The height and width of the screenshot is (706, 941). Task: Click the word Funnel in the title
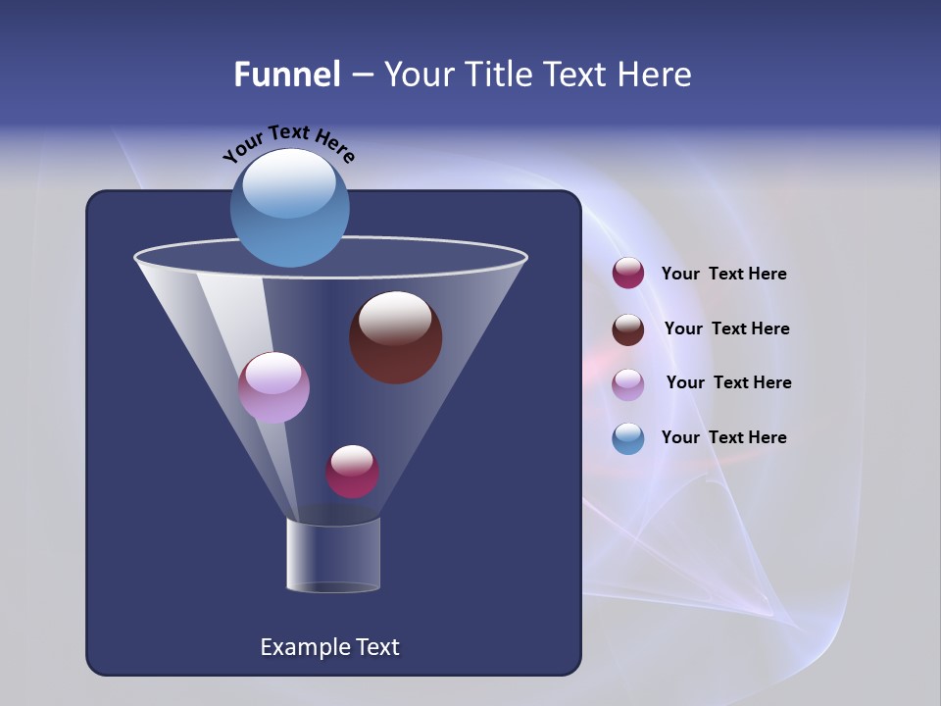(x=287, y=75)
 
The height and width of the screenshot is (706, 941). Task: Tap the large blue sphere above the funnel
(x=289, y=208)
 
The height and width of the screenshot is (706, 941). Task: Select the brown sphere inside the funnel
(x=395, y=338)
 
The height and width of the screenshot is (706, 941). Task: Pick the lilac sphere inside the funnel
(x=273, y=387)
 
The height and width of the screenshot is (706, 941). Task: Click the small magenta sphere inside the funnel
(x=352, y=472)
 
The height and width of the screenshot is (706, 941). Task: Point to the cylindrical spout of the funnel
(x=333, y=555)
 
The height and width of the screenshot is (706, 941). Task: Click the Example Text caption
(x=329, y=647)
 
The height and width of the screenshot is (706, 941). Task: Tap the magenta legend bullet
(x=628, y=274)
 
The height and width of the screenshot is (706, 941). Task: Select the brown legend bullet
(x=628, y=329)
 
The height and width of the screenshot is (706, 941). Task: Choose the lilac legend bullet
(x=628, y=384)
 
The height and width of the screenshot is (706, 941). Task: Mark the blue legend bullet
(x=628, y=438)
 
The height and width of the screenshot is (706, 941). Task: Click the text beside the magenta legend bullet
(x=723, y=275)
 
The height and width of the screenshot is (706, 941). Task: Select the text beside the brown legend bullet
(x=726, y=328)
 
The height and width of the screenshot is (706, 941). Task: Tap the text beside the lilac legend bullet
(x=728, y=382)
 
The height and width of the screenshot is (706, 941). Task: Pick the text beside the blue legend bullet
(x=723, y=437)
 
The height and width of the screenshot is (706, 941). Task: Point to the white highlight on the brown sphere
(x=395, y=317)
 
